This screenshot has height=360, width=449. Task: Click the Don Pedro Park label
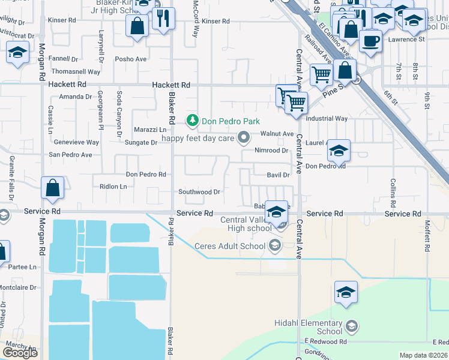[x=231, y=121]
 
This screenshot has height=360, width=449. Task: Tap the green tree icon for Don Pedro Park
[x=193, y=121]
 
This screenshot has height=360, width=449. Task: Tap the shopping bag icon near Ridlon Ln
[x=53, y=188]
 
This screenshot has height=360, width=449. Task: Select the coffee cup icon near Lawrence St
[x=371, y=41]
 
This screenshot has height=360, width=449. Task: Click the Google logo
[x=20, y=353]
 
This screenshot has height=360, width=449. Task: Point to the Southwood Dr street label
[x=199, y=192]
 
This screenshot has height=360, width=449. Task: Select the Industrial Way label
[x=327, y=119]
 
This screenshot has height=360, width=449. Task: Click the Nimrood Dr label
[x=271, y=150]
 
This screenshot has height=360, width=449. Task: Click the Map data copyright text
[x=424, y=355]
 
